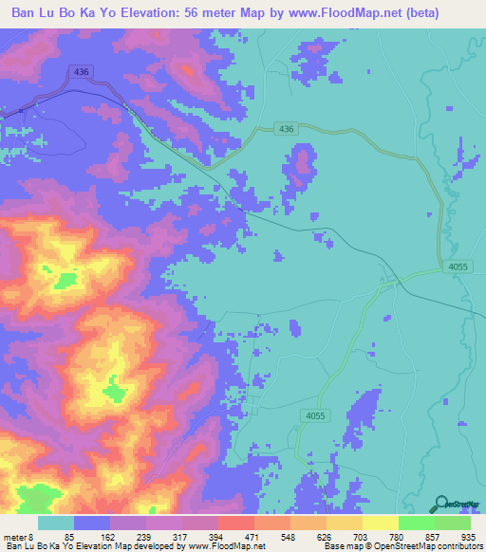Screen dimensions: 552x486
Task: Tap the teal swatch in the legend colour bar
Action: point(56,523)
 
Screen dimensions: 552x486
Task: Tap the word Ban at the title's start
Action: point(26,12)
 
